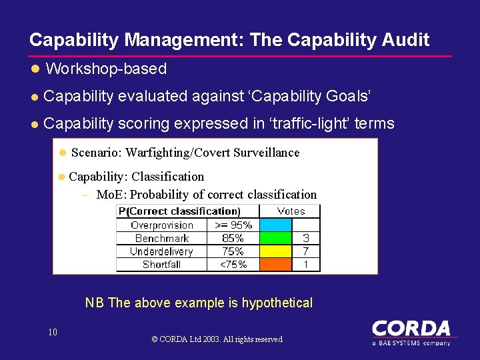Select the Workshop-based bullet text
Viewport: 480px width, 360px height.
[x=106, y=69]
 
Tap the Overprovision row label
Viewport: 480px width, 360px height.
[x=162, y=225]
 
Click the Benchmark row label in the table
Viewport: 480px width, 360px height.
[x=162, y=238]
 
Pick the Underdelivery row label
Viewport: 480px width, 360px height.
[x=162, y=251]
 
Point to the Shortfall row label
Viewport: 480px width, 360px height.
[x=162, y=265]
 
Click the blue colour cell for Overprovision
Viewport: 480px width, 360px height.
[x=275, y=225]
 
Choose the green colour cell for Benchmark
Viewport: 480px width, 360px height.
[x=275, y=238]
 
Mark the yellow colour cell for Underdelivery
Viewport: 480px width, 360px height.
[x=275, y=251]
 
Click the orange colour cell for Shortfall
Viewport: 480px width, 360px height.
[x=275, y=265]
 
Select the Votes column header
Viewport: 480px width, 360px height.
[x=291, y=211]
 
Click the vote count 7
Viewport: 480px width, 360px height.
[x=306, y=251]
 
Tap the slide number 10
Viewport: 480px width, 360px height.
[x=53, y=332]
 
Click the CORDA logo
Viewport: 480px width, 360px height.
[x=411, y=332]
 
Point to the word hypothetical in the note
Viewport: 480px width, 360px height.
[x=277, y=303]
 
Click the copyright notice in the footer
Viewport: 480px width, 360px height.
[x=217, y=339]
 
